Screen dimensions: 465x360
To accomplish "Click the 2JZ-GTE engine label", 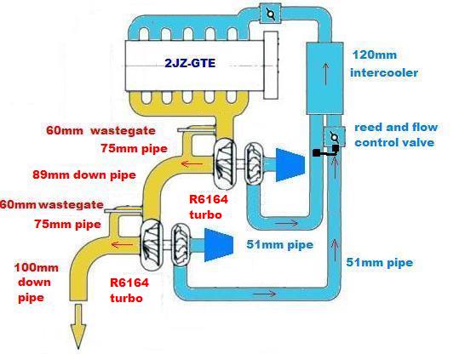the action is (190, 64).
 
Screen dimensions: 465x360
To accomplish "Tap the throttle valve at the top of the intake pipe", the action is (270, 14).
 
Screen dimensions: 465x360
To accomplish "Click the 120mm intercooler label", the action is (384, 64).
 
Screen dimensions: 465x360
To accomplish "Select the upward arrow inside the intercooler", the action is (326, 73).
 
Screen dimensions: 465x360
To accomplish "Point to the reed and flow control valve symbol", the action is (334, 137).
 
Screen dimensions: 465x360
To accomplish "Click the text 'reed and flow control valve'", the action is (396, 134).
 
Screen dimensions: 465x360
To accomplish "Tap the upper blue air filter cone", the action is (290, 165).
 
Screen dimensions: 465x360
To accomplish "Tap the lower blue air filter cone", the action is (219, 245).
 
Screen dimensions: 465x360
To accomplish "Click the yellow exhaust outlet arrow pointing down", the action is (78, 326).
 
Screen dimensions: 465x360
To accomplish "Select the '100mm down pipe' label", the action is (36, 283).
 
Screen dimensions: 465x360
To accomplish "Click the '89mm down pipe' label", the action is (84, 174).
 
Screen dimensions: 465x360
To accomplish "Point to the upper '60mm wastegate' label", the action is (100, 131).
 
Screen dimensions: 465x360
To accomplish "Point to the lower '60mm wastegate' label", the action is (52, 205).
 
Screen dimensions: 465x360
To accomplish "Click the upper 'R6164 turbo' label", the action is (209, 207).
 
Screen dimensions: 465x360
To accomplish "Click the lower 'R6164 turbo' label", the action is (129, 289).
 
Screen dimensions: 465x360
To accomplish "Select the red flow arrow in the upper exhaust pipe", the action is (188, 163).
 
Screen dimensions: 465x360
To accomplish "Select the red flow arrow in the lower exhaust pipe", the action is (123, 245).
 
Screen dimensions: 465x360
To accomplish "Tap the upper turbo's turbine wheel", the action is (224, 164).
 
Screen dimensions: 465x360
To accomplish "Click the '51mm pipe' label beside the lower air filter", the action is (280, 245).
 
